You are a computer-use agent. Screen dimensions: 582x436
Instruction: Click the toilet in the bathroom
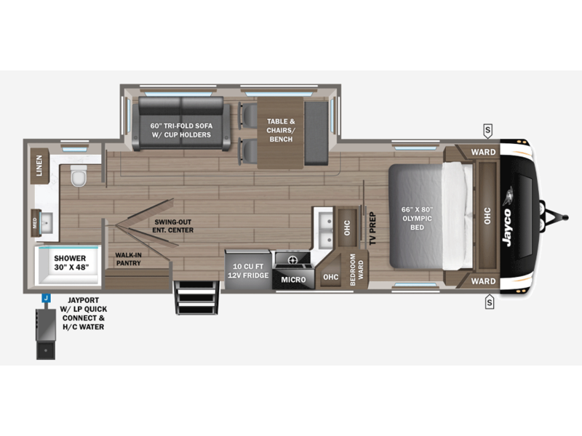tap(79, 176)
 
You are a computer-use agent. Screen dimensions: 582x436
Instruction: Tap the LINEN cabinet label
tap(39, 166)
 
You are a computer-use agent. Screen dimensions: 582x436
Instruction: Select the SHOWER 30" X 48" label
tap(70, 262)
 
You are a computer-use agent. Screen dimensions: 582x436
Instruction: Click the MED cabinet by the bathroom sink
tap(36, 223)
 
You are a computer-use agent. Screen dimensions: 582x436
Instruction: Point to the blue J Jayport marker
tap(46, 298)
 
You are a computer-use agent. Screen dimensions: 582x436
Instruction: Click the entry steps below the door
tap(196, 298)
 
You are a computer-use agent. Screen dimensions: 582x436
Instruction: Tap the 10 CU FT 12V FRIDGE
tap(247, 270)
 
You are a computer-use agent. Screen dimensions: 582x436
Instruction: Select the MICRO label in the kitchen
tap(293, 280)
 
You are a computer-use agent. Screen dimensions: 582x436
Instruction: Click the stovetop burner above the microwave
tap(292, 259)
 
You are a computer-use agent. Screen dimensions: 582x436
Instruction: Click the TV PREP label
tap(372, 228)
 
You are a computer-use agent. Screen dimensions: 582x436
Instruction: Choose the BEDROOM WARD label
tap(356, 270)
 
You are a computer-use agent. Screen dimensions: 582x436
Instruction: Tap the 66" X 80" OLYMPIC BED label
tap(417, 219)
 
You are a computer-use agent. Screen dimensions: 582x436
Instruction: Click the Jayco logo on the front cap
tap(507, 227)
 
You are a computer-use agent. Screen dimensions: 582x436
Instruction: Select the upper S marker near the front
tap(487, 131)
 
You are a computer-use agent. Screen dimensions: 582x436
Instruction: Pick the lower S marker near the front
tap(490, 302)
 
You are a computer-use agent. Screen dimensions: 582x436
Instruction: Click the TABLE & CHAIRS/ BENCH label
tap(281, 130)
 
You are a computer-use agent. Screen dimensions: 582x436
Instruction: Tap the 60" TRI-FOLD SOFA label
tap(181, 130)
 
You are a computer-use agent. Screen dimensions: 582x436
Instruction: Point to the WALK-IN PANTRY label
tap(128, 259)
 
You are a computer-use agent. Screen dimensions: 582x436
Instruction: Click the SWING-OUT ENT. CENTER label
tap(173, 226)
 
